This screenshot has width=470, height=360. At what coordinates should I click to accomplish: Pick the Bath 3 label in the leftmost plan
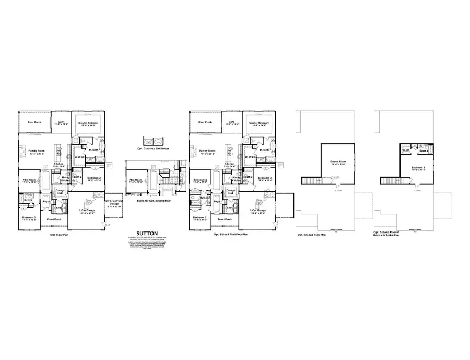pos(28,199)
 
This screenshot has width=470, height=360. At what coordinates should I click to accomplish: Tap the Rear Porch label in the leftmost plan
pos(34,123)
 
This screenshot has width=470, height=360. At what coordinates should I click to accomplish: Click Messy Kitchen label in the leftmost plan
pos(65,179)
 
